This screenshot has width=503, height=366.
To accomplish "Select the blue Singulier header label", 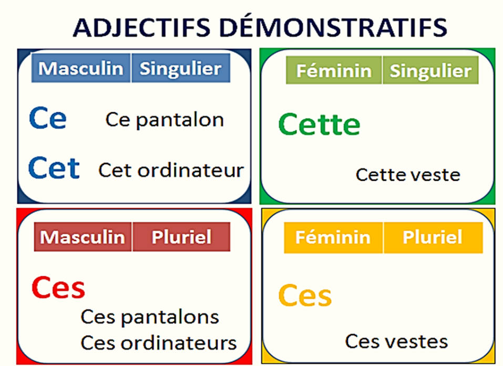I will (180, 69).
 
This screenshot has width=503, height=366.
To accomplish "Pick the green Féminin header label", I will (334, 71).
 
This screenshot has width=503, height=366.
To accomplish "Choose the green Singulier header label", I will (430, 71).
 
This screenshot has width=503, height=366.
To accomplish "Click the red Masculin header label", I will (83, 237).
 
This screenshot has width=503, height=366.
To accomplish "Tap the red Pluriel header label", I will (181, 237).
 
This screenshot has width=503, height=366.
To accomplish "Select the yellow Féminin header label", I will (333, 237).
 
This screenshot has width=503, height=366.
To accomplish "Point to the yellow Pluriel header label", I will (433, 237).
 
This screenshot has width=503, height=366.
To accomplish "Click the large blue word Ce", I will (47, 119).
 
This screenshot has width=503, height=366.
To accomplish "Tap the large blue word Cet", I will (54, 168).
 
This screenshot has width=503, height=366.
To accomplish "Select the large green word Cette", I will (319, 125).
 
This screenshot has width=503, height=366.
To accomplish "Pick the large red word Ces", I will (58, 287).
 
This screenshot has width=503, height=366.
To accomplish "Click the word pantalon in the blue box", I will (180, 120).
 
